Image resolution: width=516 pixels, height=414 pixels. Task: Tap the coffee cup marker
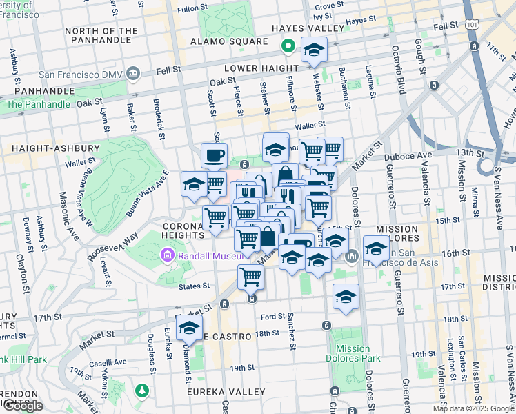pos(214,155)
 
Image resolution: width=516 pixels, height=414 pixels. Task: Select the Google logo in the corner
pos(23,406)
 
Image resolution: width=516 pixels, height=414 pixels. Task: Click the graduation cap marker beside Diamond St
pos(188,327)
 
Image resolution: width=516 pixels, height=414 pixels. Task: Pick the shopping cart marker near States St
pos(250,277)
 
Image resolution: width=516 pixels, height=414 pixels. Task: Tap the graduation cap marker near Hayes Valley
pos(315,49)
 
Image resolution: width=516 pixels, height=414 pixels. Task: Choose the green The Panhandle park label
pos(38,104)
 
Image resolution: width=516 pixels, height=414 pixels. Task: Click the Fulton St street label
pos(192,8)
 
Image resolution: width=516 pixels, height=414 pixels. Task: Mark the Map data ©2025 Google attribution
pos(474,408)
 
